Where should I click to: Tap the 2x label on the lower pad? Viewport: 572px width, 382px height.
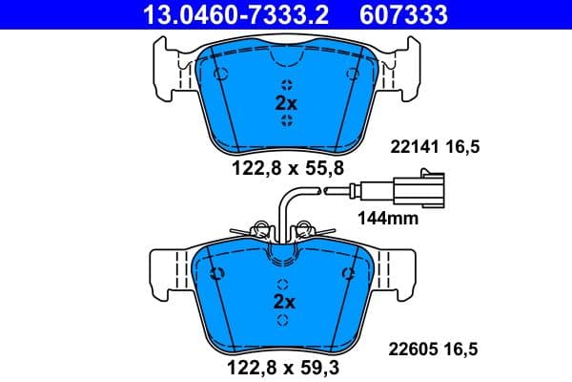coord(286,301)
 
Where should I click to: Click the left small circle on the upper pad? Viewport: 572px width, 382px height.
coord(221,74)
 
